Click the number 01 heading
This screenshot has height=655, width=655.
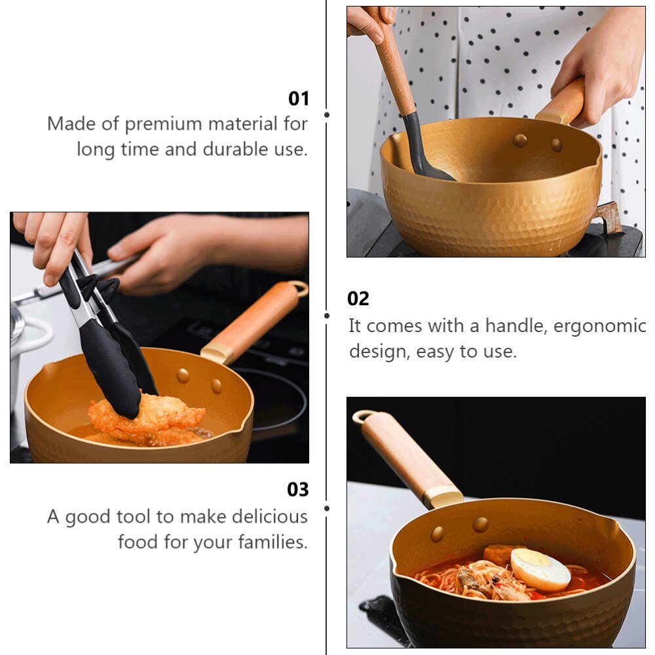(x=298, y=99)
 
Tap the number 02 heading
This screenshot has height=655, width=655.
(x=358, y=299)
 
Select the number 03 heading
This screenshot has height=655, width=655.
(x=297, y=490)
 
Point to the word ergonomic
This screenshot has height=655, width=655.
(x=600, y=326)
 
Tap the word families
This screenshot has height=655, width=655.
(x=272, y=543)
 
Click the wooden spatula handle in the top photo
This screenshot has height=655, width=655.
(x=394, y=65)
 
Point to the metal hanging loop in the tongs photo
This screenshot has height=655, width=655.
(x=299, y=288)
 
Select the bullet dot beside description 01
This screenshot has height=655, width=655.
(x=327, y=115)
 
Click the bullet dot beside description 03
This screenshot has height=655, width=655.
(x=327, y=508)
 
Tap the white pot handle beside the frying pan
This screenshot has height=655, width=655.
(x=33, y=337)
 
